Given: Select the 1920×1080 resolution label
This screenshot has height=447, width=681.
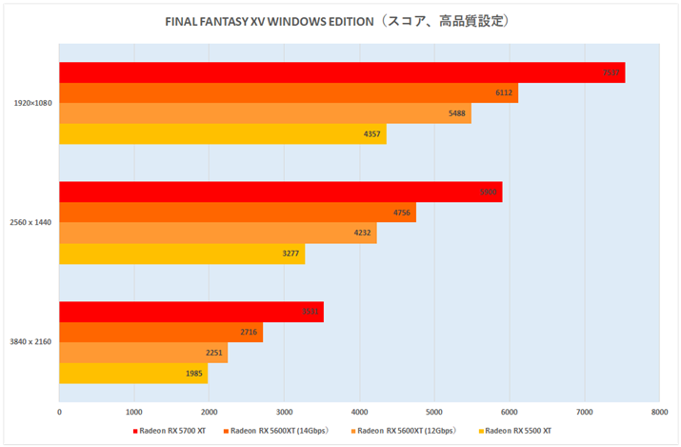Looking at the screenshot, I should coord(32,103).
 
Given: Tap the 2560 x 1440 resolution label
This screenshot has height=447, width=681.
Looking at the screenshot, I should coord(32,222).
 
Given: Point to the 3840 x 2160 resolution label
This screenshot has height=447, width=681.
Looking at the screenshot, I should coord(32,341).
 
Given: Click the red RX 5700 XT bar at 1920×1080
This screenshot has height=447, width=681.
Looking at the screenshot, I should coord(341,72).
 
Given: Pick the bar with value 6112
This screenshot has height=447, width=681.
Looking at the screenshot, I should coord(288,92).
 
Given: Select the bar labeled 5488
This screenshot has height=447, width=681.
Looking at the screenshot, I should coord(265,113).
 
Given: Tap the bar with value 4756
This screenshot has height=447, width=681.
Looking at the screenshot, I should coord(237,213).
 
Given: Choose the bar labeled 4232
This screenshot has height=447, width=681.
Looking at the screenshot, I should coord(217,233).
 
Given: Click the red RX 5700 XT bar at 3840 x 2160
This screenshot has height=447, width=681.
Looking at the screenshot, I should coord(190,312).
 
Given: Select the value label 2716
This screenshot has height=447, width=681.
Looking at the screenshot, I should coord(250,333).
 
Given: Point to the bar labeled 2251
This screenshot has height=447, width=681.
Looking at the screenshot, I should coord(143,353).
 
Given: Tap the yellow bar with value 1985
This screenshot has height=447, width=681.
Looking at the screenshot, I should coord(133,374).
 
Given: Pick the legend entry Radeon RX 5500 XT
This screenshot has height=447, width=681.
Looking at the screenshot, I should coord(517,431).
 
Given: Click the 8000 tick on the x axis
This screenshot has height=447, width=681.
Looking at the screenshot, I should coord(657,412).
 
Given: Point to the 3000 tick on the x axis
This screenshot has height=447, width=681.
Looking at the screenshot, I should coord(284,412).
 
